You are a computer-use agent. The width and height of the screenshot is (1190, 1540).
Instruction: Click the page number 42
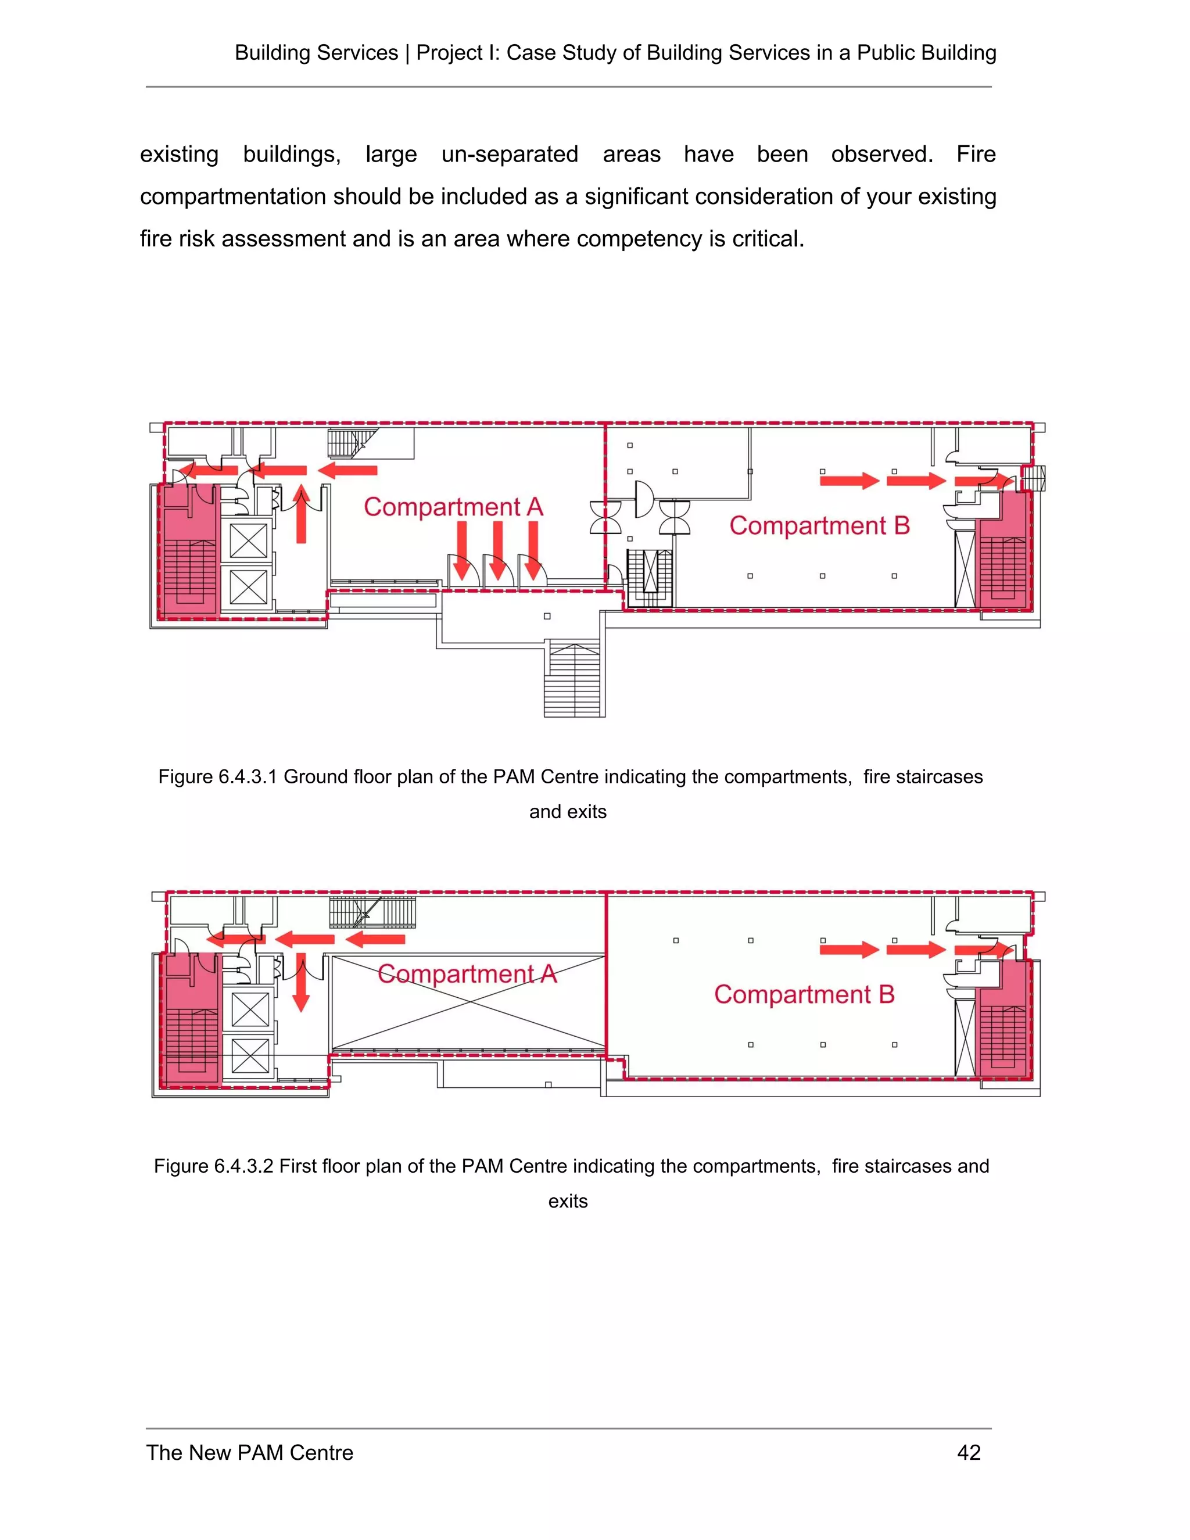coord(969,1453)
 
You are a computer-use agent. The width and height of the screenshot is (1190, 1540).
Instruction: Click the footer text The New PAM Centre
coord(249,1453)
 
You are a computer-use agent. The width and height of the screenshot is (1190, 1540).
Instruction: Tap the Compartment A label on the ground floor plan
coord(453,507)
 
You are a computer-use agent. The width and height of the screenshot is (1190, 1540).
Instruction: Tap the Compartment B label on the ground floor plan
coord(819,525)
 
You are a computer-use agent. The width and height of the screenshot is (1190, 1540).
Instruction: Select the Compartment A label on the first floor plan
coord(467,974)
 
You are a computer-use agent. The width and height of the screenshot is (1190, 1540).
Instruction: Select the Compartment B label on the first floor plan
coord(804,994)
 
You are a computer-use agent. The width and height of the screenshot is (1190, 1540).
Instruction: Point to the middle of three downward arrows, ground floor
coord(498,550)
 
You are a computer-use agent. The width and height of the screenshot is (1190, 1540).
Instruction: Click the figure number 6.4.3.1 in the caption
coord(245,777)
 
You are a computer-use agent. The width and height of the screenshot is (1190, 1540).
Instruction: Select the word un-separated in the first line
coord(510,155)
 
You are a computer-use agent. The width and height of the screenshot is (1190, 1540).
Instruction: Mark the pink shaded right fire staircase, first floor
coord(1003,1022)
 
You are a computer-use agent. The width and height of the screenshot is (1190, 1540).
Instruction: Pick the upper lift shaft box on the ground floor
coord(249,541)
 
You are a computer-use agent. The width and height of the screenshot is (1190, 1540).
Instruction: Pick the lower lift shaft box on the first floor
coord(250,1055)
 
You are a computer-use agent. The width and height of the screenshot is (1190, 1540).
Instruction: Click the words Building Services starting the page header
coord(316,53)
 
